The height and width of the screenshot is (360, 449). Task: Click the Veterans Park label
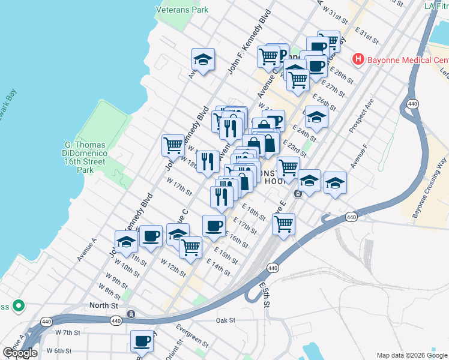[182, 10]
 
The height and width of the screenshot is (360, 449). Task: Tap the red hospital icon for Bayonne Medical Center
[358, 59]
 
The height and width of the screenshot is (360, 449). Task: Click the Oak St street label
[226, 320]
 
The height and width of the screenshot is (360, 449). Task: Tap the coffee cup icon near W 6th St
[142, 341]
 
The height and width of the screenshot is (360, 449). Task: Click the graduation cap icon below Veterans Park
[203, 59]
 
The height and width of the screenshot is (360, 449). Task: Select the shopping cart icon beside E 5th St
[283, 224]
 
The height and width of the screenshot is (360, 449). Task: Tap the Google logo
[20, 353]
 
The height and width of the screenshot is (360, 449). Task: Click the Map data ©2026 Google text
[412, 355]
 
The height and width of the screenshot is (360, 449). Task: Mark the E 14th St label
[218, 268]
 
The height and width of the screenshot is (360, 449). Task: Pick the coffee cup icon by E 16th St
[214, 226]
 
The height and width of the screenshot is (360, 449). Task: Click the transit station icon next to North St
[130, 314]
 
